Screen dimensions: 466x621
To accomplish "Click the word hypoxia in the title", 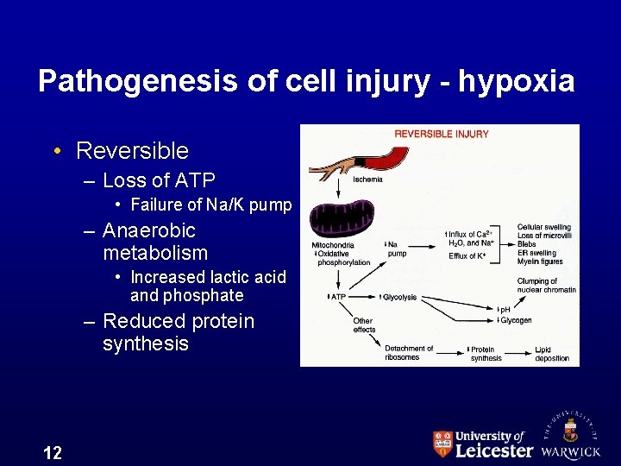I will coord(516,81).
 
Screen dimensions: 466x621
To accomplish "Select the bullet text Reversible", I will coord(132,151).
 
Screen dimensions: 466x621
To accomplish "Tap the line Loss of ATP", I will coord(159,180).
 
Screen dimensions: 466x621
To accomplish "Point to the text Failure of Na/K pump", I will coord(210,205).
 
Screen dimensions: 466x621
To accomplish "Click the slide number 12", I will coord(52,452).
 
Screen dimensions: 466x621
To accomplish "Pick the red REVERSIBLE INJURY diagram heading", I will coord(442,134).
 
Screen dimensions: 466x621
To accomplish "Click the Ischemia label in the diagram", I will coord(368,179).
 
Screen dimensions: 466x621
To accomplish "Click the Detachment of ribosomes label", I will coord(409,353).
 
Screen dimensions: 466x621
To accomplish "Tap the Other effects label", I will coord(363,324).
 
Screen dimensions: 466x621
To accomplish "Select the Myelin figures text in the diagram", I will coord(540,261).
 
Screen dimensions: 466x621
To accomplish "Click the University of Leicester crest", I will coord(442,444).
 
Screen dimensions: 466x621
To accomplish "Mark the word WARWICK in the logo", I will coord(571,451).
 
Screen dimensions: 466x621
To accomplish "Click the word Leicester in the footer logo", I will coord(494,450).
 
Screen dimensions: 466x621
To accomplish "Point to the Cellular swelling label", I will coord(543,228).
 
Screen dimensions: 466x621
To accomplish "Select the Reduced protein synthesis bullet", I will coord(179,332).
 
